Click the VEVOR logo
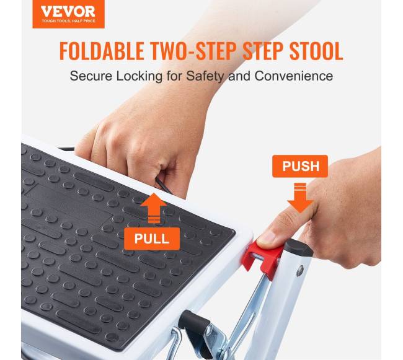68,14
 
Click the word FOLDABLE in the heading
102,51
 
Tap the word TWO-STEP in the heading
193,51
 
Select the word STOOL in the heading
316,51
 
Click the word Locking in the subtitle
139,76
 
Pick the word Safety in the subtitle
205,76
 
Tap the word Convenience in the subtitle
294,76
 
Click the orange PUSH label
300,166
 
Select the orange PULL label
152,239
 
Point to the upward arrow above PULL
153,208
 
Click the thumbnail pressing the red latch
267,237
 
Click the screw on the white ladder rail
300,271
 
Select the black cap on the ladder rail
299,247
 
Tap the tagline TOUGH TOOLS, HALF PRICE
68,21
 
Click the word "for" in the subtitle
174,76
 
